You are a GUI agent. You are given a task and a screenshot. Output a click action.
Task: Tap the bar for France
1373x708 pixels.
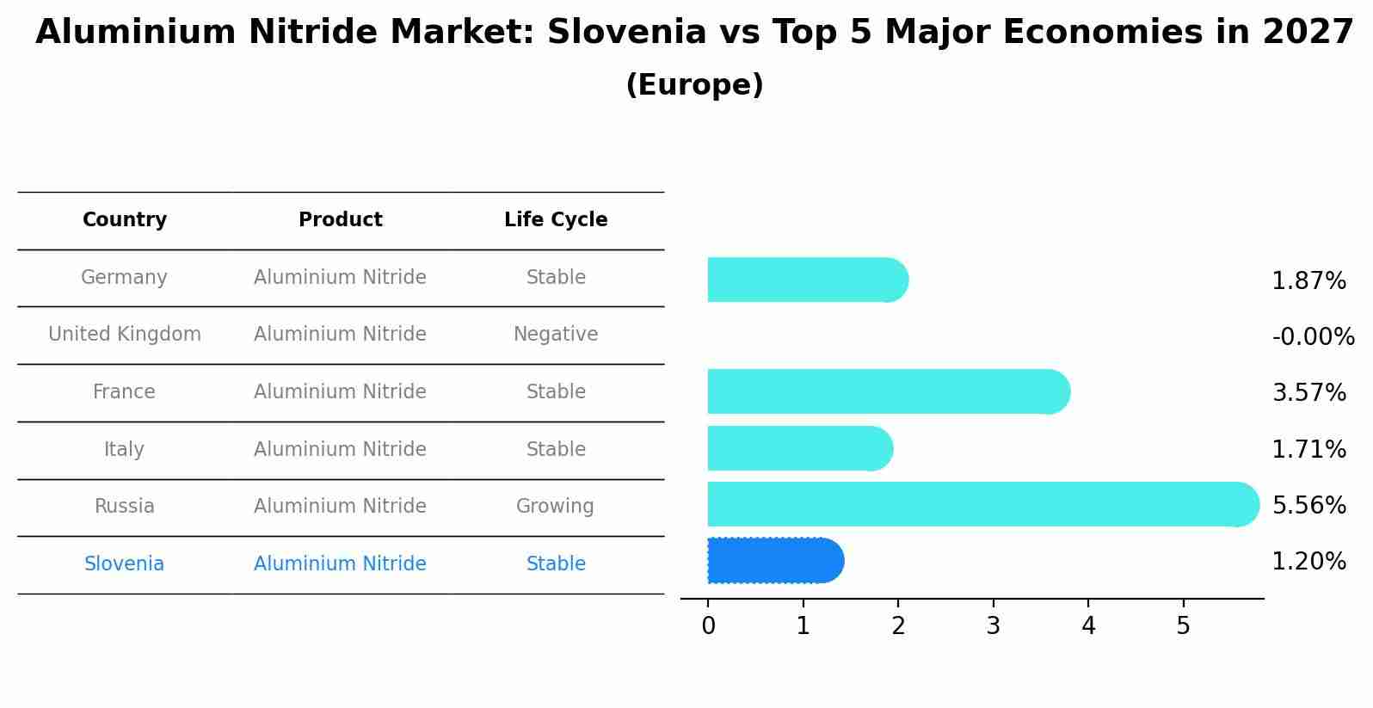click(x=886, y=391)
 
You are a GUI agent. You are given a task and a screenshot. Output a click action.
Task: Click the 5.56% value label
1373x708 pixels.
click(x=1308, y=505)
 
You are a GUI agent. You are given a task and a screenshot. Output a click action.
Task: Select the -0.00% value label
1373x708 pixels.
click(x=1313, y=336)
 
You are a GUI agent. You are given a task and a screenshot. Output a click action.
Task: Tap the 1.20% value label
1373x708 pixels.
click(x=1308, y=562)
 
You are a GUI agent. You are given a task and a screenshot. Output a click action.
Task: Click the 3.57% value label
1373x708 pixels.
click(x=1308, y=393)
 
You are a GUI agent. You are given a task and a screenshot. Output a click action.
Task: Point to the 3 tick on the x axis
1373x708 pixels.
click(x=993, y=625)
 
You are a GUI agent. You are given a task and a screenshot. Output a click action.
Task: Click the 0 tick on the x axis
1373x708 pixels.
click(x=708, y=625)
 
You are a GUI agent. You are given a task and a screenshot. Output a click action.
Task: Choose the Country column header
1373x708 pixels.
click(x=125, y=220)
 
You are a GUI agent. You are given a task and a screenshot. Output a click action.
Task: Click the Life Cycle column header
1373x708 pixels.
click(x=556, y=220)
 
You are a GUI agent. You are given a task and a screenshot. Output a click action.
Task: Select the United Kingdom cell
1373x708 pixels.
click(x=125, y=335)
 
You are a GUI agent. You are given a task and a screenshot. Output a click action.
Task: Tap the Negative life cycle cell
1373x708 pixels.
click(x=556, y=335)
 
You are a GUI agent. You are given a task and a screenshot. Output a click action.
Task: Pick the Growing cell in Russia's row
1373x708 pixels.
click(x=555, y=507)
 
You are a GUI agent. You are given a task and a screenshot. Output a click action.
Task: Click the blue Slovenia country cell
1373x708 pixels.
click(x=125, y=564)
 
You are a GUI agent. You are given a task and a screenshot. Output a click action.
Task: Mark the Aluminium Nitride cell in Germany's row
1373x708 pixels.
click(x=340, y=278)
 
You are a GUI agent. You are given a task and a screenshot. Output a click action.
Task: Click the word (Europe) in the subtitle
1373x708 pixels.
click(x=694, y=85)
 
